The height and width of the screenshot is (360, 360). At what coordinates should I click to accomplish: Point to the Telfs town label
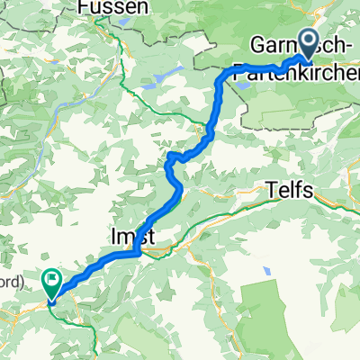click(290, 190)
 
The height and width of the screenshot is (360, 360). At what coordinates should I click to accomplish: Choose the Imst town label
click(133, 236)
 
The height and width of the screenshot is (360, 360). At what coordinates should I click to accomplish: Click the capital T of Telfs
click(273, 190)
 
